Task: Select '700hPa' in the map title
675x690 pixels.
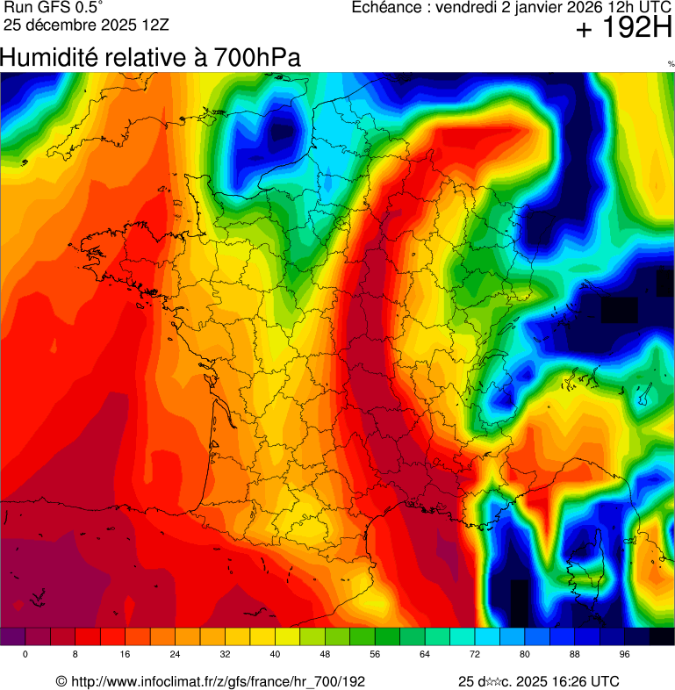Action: tap(255, 58)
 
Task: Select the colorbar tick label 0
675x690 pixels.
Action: tap(25, 655)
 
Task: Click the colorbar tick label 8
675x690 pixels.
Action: tap(75, 655)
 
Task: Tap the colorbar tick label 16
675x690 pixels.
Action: tap(125, 655)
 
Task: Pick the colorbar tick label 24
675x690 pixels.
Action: tap(175, 655)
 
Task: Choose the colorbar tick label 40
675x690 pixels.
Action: tap(275, 655)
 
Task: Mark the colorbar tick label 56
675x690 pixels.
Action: tap(375, 655)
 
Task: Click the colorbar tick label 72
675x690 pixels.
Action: tap(475, 655)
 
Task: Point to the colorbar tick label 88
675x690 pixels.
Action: tap(575, 655)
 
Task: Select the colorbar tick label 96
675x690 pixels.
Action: tap(625, 655)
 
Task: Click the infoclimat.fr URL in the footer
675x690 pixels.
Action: tap(218, 681)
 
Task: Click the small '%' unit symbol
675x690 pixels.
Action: tap(671, 64)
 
